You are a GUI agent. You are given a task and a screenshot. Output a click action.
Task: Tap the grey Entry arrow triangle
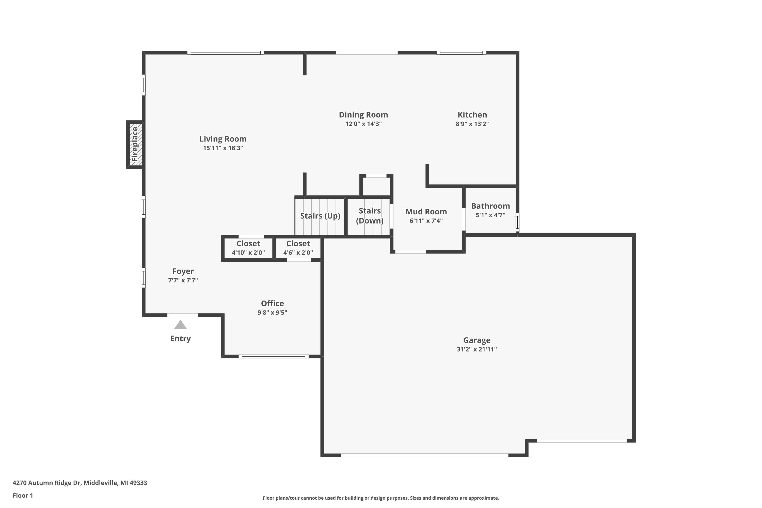point(180,325)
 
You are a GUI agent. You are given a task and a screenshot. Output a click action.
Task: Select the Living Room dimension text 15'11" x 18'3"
point(223,148)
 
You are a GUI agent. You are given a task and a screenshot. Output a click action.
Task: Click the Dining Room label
point(363,115)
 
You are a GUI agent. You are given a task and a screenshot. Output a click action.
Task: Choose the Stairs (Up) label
point(320,216)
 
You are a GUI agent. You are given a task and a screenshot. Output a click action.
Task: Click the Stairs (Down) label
point(370,216)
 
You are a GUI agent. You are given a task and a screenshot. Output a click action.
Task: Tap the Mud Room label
point(426,212)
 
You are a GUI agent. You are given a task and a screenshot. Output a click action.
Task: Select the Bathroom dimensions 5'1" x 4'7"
point(490,215)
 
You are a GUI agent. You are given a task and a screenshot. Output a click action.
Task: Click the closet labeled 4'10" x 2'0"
point(248,248)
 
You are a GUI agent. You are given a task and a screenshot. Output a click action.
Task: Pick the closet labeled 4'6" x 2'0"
point(298,248)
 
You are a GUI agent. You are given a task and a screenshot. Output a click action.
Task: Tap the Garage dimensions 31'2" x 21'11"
point(477,349)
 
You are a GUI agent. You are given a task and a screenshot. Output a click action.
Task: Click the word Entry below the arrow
point(180,339)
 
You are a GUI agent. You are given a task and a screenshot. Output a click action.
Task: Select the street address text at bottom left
point(80,483)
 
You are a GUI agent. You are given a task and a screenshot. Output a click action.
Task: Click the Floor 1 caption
point(23,495)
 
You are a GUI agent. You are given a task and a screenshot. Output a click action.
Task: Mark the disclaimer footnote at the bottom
point(381,498)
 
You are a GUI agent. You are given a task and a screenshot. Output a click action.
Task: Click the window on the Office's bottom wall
point(274,356)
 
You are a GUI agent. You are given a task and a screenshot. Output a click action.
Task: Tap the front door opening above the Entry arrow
point(182,315)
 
